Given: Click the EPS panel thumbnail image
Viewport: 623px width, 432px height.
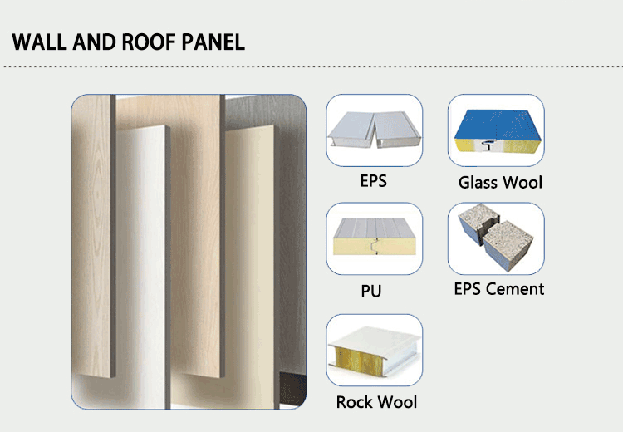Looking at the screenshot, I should pyautogui.click(x=374, y=130).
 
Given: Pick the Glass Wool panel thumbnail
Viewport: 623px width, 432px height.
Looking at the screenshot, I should pyautogui.click(x=496, y=130).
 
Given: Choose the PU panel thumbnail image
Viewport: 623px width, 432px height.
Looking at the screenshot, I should pyautogui.click(x=374, y=238).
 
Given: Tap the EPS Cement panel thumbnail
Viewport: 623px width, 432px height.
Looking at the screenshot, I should pyautogui.click(x=496, y=238).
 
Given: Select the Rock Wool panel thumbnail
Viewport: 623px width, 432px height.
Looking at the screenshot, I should pyautogui.click(x=374, y=350).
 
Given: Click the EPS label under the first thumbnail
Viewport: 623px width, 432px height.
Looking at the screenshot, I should pyautogui.click(x=374, y=179).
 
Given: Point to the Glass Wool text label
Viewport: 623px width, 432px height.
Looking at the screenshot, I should pyautogui.click(x=500, y=182).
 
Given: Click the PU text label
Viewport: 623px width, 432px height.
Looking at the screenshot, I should pyautogui.click(x=372, y=291).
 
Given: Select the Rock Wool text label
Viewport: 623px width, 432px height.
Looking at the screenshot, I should pyautogui.click(x=376, y=403).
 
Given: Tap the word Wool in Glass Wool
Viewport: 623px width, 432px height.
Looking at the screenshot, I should pyautogui.click(x=523, y=182).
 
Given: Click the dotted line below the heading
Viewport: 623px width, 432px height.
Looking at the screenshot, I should pyautogui.click(x=311, y=66).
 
